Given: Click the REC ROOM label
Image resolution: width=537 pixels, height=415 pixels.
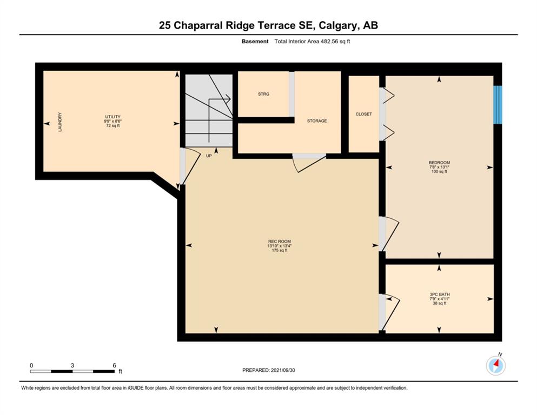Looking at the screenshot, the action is (280, 241).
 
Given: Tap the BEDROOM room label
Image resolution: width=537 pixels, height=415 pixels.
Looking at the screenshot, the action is (440, 163).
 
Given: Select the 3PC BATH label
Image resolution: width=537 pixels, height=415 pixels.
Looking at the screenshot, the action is (440, 294).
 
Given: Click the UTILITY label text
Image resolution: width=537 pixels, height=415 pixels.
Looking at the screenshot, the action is (112, 117).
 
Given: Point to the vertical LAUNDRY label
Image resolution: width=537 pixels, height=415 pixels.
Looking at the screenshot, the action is (60, 122).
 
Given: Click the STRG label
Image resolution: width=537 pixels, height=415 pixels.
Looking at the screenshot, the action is (264, 93).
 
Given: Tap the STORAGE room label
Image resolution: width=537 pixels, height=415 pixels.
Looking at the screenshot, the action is (317, 121).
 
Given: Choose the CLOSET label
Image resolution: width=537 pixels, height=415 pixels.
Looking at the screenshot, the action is (364, 114).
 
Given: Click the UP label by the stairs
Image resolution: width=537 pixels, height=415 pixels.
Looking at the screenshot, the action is (209, 156).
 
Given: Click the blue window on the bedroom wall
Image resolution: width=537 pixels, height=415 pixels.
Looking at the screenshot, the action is (498, 105).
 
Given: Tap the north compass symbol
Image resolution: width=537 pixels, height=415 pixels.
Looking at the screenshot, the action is (496, 365).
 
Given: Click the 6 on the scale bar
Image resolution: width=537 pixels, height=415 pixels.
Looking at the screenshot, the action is (115, 365).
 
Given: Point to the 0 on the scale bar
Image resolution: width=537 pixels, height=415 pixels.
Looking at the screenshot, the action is (31, 365).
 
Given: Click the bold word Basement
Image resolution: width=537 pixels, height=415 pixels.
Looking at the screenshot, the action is (255, 42).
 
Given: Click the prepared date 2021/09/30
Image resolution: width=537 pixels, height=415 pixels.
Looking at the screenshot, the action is (282, 370).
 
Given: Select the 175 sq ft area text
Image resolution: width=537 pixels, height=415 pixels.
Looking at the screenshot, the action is (280, 250).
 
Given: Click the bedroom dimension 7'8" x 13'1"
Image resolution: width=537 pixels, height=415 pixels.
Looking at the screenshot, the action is (440, 167).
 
